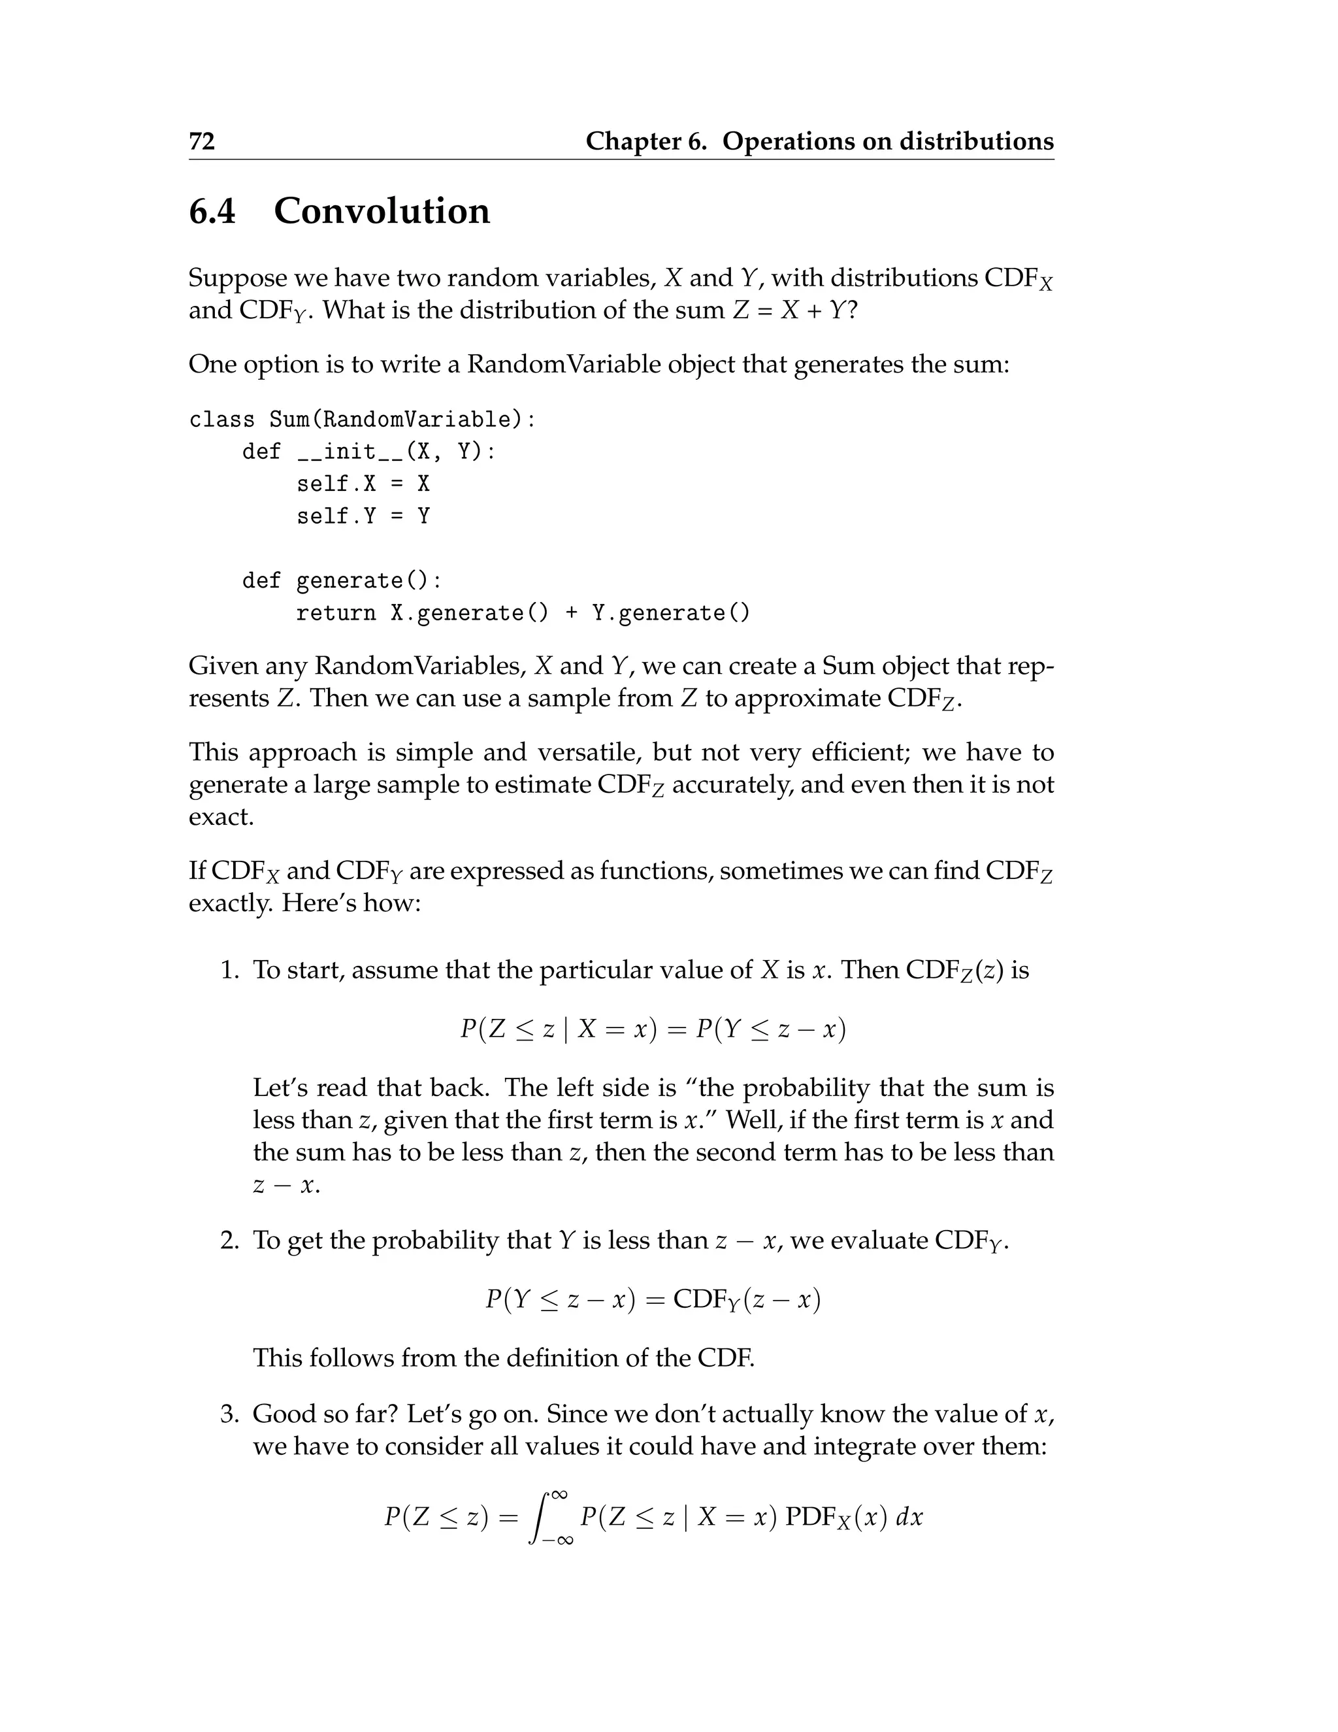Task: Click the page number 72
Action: click(x=201, y=141)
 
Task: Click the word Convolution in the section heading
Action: click(x=382, y=211)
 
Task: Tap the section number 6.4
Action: click(x=212, y=211)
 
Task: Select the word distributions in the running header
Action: click(x=976, y=141)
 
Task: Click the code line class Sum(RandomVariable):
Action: click(x=362, y=420)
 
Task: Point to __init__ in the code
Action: click(x=350, y=452)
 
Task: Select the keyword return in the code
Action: click(x=335, y=613)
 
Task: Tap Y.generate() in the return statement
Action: click(x=670, y=613)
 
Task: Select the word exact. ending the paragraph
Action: click(x=221, y=817)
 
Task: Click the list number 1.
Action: click(x=229, y=971)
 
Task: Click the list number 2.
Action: click(x=229, y=1241)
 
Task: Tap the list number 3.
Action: click(x=229, y=1414)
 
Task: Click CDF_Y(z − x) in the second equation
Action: click(x=746, y=1300)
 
